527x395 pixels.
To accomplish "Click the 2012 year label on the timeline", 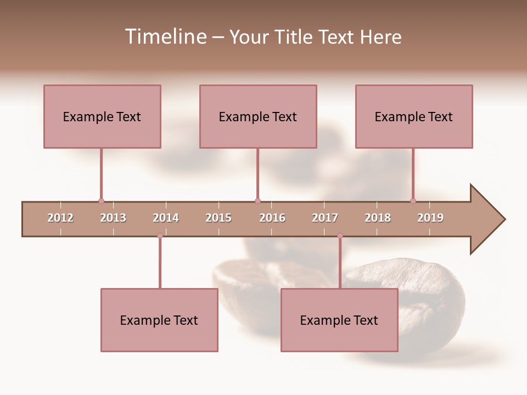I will point(60,218).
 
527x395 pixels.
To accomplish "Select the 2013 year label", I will point(113,218).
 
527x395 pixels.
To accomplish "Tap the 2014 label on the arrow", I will point(166,218).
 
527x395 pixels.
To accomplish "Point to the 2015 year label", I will point(218,218).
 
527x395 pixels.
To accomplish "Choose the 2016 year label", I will point(272,218).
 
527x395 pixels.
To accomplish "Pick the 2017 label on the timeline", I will point(325,218).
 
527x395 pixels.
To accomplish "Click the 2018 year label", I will point(378,218).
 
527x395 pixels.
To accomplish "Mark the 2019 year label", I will point(430,218).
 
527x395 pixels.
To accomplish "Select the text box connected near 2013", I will point(102,116).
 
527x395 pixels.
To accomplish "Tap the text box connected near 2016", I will point(258,116).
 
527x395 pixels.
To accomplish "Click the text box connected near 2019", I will point(414,116).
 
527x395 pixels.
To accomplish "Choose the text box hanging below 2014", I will point(159,320).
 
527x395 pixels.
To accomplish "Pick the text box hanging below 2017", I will point(339,320).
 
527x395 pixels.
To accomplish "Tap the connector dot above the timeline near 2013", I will point(101,201).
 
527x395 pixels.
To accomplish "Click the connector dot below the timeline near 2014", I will point(160,236).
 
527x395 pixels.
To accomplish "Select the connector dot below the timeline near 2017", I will point(340,236).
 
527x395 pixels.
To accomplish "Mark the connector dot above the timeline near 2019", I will point(413,201).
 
